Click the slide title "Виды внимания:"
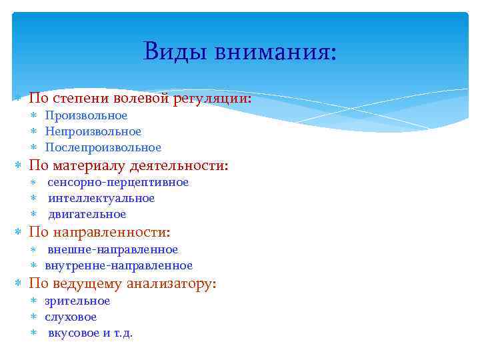click(240, 51)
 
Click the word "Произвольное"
click(86, 115)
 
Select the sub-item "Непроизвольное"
click(93, 131)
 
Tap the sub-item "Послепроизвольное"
click(103, 147)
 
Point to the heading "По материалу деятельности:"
click(128, 165)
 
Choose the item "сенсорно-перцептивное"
click(118, 182)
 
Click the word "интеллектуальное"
click(101, 198)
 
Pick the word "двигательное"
click(87, 214)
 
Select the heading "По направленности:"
click(99, 232)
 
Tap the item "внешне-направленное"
click(113, 249)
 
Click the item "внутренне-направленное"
click(119, 265)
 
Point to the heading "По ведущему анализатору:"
click(123, 283)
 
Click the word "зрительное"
click(77, 301)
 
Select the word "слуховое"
click(71, 317)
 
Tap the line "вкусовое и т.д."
click(90, 333)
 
